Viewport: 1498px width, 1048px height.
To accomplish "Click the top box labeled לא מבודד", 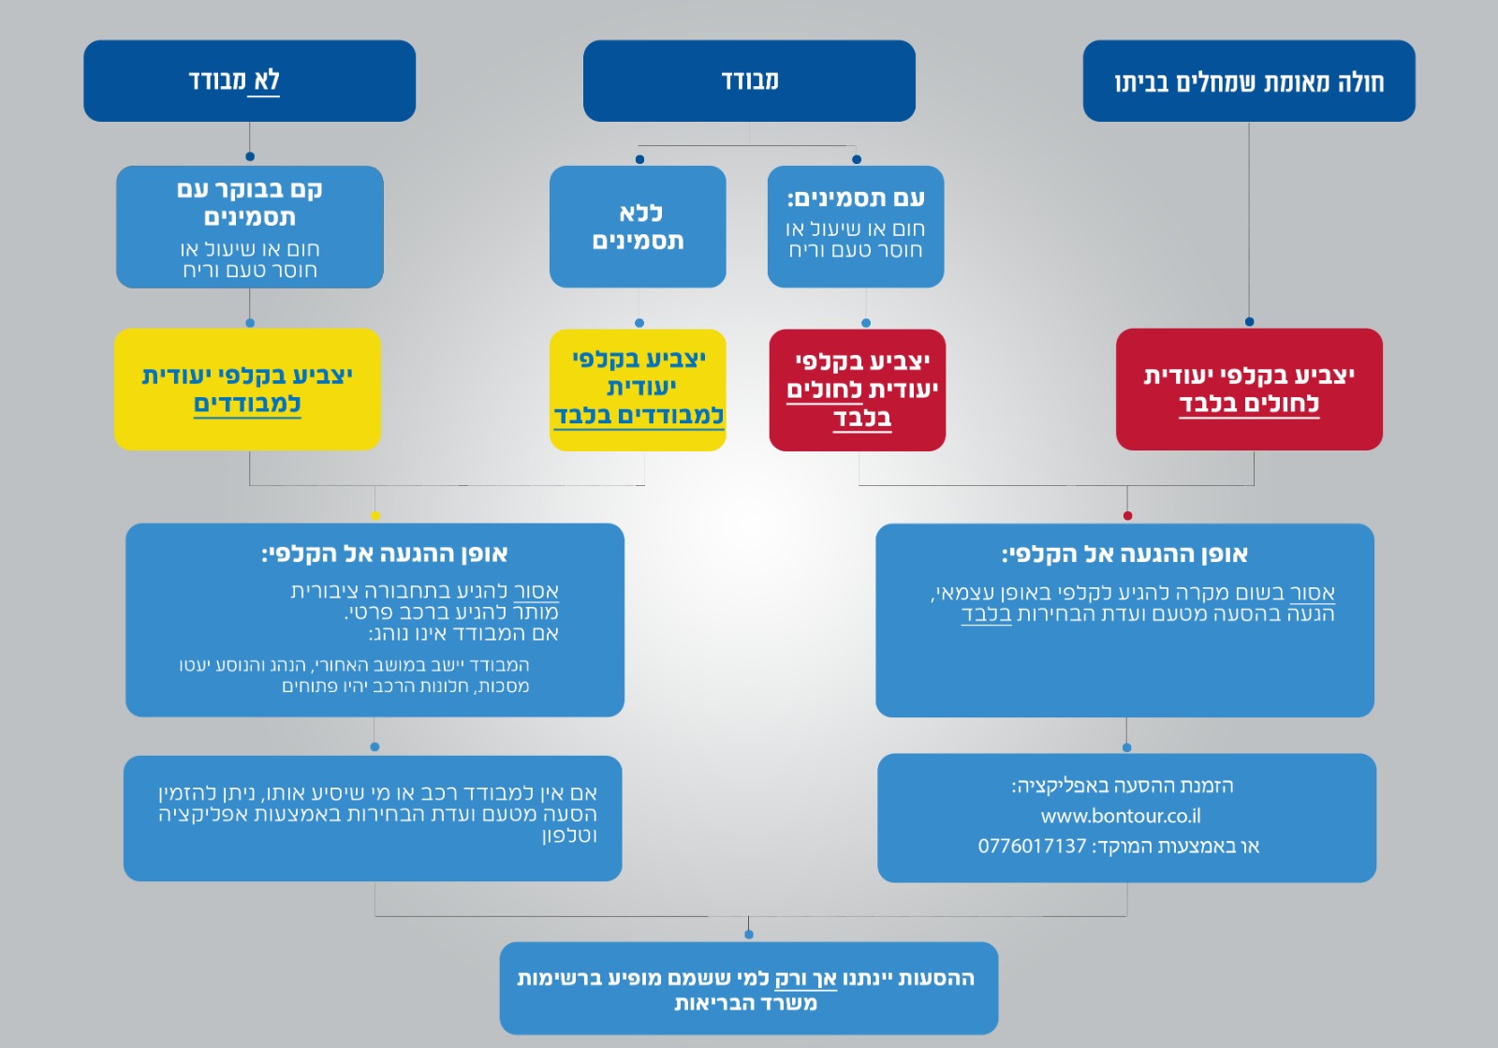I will (x=249, y=81).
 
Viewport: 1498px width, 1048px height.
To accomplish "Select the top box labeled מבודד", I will (x=749, y=81).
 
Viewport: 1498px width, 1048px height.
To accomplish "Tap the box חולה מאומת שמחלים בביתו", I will (x=1248, y=81).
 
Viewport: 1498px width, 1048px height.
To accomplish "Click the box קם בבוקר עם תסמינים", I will (x=250, y=228).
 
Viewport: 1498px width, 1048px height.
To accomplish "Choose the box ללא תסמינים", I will (x=638, y=228).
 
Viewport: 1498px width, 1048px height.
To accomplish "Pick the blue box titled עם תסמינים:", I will (x=856, y=228).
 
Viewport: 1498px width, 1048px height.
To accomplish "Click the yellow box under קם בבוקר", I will (x=247, y=390).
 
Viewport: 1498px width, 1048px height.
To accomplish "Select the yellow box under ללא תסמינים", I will (x=638, y=390).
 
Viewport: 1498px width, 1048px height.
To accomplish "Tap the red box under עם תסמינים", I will (x=858, y=390).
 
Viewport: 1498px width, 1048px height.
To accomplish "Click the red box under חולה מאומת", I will (x=1249, y=390).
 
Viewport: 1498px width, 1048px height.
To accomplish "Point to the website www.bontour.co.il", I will (x=1121, y=816).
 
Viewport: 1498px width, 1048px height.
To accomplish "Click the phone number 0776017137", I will (x=1032, y=847).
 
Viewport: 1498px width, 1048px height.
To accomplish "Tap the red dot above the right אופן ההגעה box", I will (x=1127, y=516).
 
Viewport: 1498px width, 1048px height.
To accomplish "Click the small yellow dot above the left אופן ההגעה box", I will (x=375, y=516).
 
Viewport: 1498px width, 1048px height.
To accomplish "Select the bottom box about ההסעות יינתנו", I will (x=748, y=989).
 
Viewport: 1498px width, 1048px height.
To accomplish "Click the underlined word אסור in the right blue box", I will (x=1313, y=593).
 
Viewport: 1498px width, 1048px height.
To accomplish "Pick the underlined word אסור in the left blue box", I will (x=536, y=592).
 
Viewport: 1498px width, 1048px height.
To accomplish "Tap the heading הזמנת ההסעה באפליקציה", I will (x=1123, y=786).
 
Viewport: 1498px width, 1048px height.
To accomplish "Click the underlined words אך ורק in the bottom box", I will (x=805, y=979).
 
